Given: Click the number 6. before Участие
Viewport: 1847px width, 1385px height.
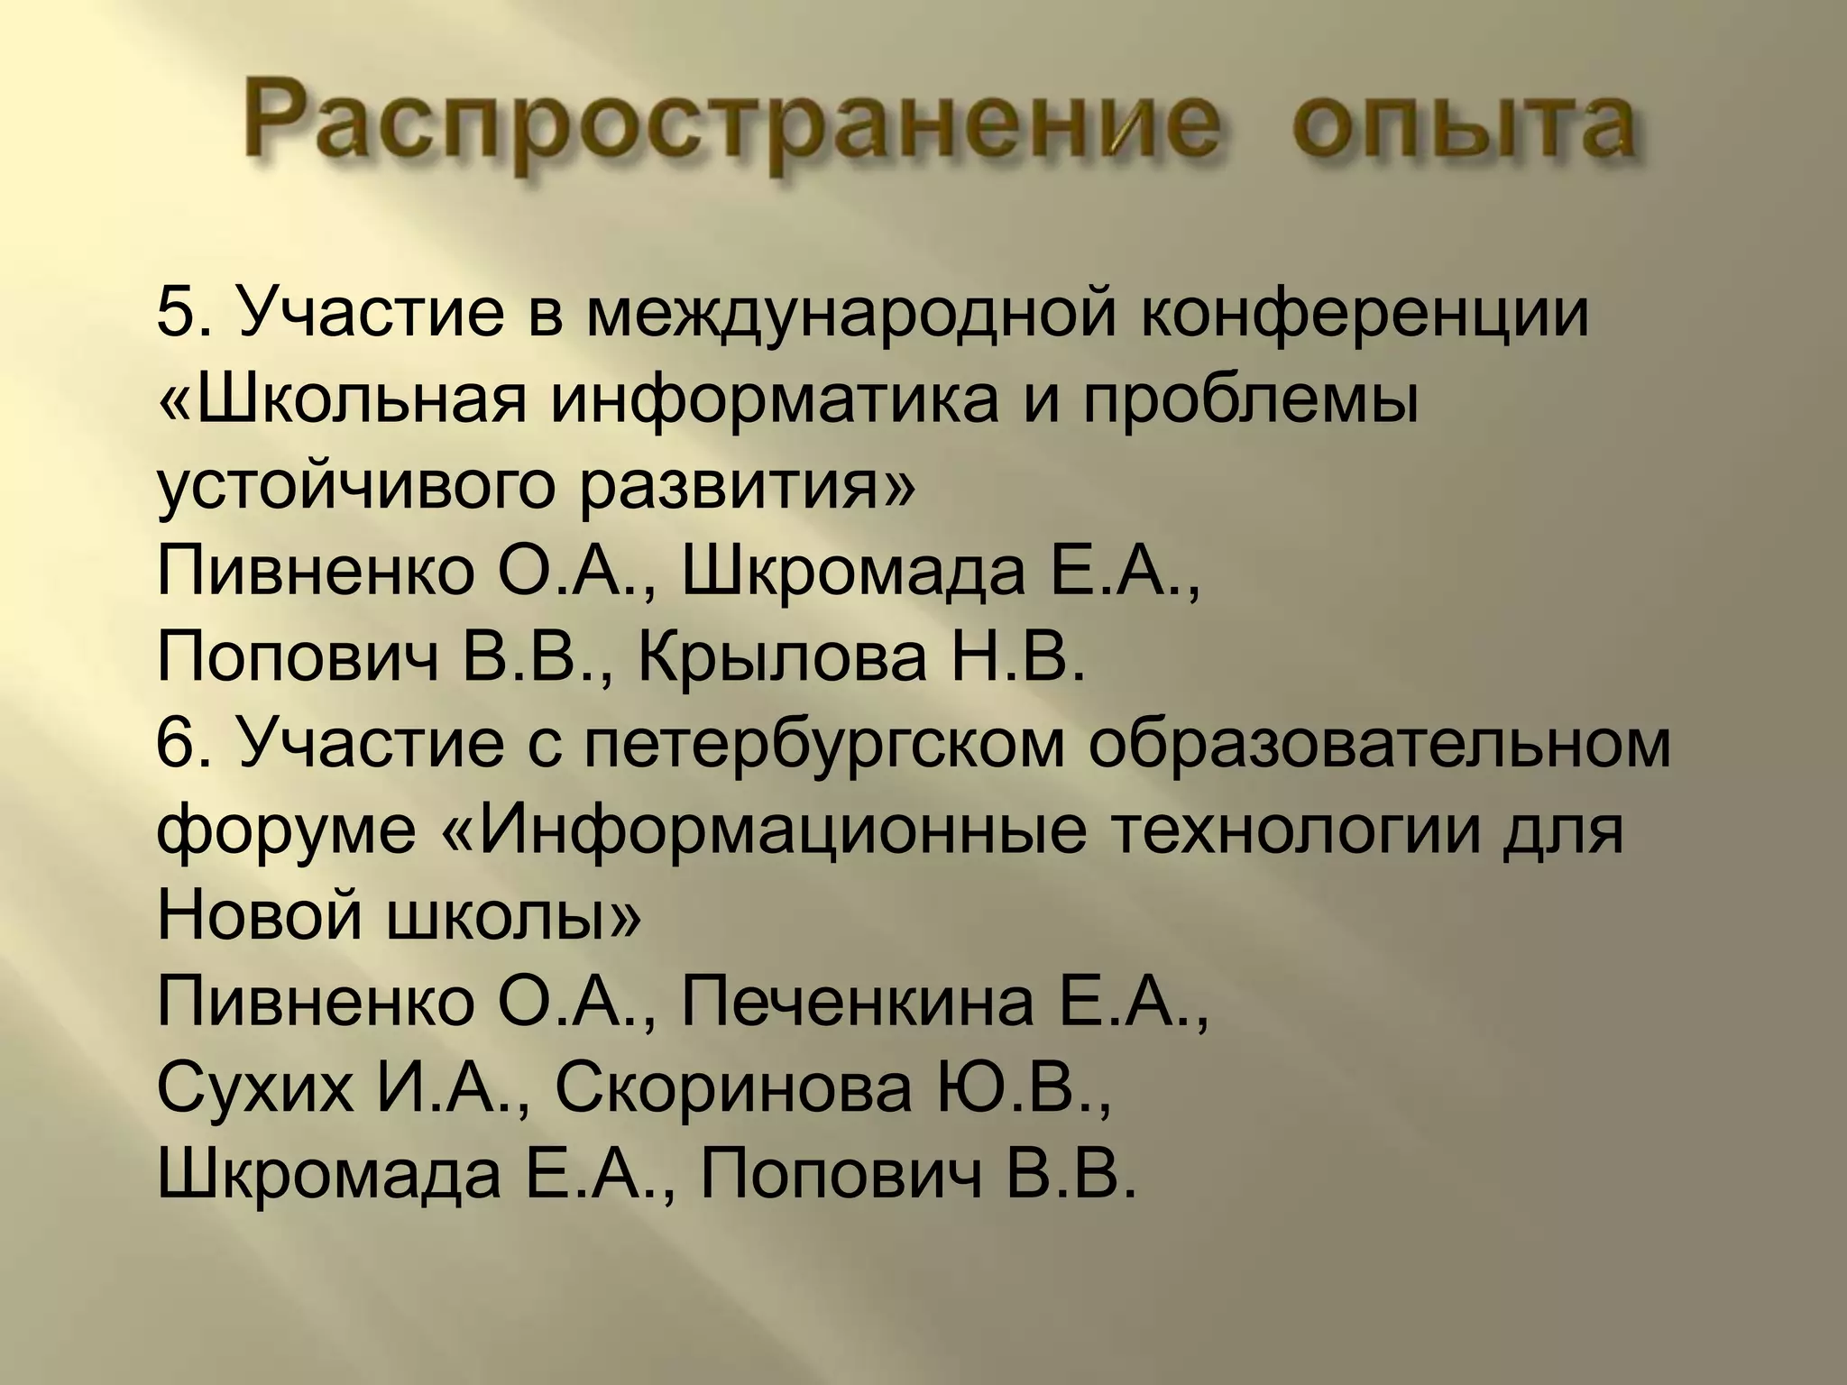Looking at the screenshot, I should point(184,743).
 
